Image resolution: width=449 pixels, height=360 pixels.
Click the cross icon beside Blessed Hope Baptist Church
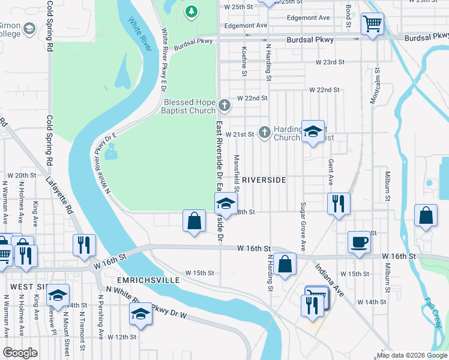224,106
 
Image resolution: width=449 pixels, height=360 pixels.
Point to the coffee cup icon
359,242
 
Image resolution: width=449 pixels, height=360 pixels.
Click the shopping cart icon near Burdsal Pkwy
372,24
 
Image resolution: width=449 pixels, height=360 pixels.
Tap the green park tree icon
191,11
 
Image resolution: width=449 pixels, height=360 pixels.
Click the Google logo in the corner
20,353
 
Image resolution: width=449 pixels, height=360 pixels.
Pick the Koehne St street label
244,62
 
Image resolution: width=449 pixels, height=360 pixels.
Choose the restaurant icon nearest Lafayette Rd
83,244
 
